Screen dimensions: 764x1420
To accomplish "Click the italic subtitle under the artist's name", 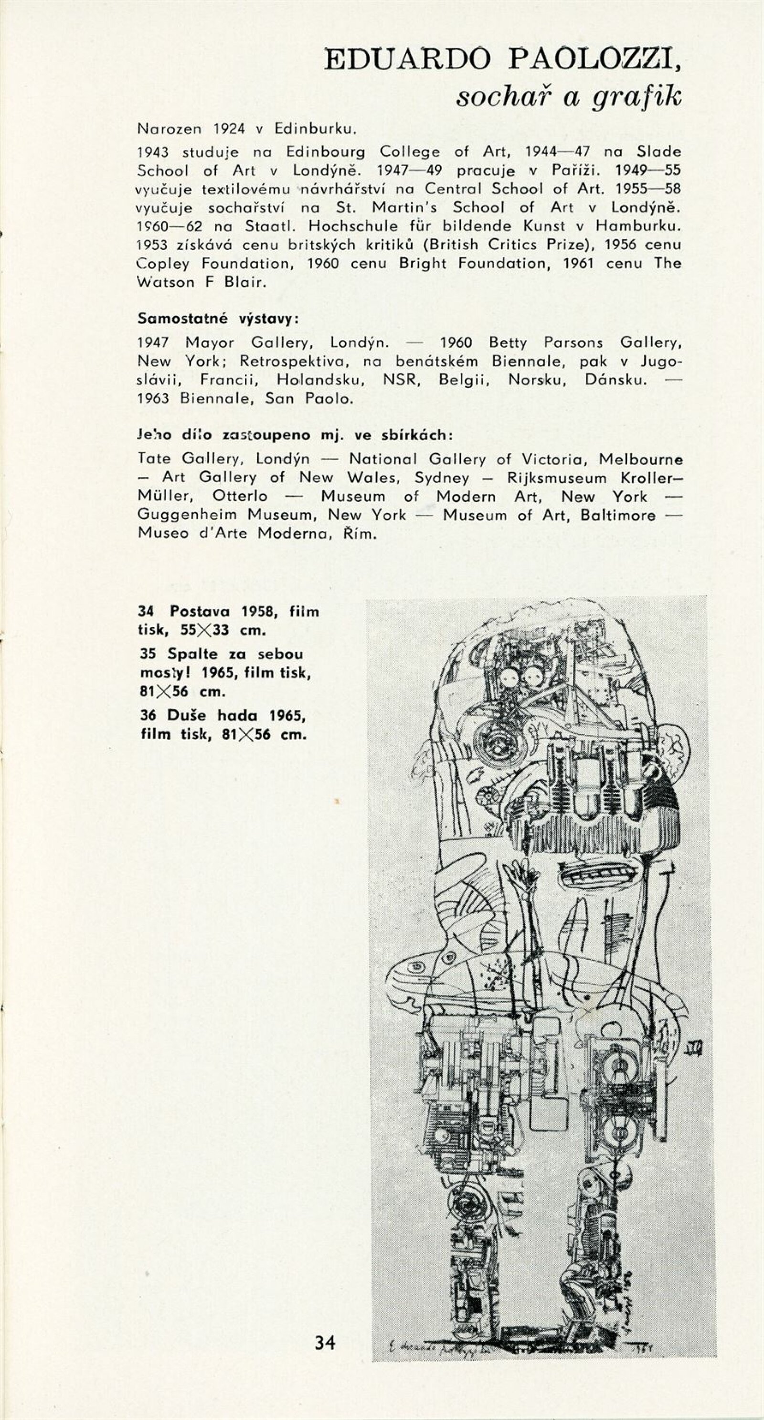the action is pyautogui.click(x=569, y=97).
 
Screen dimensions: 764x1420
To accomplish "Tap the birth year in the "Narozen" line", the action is pyautogui.click(x=229, y=129).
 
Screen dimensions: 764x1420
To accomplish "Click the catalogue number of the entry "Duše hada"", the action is pyautogui.click(x=148, y=716).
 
